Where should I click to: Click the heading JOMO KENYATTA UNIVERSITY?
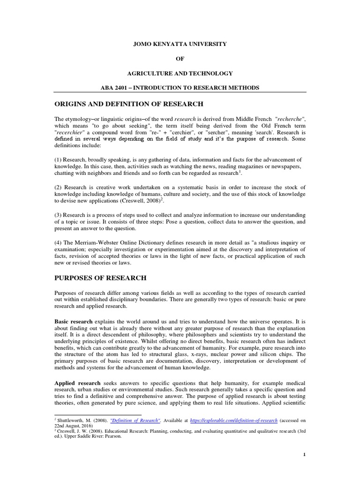(180, 44)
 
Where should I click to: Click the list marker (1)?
(60, 160)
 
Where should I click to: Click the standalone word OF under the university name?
(180, 59)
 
